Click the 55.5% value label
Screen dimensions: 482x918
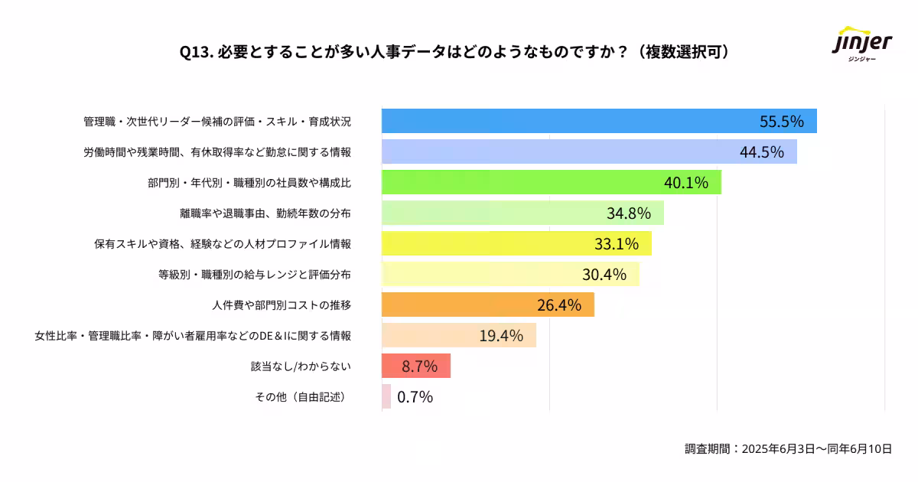[x=781, y=122]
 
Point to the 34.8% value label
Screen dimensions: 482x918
[x=628, y=213]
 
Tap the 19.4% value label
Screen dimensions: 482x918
[x=501, y=335]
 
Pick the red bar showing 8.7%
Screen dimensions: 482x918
[x=415, y=366]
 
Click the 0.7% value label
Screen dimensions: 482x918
[x=415, y=396]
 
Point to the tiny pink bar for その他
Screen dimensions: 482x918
[x=386, y=396]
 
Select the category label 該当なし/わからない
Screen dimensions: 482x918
[x=301, y=366]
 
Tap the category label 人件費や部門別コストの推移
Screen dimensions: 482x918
[x=282, y=305]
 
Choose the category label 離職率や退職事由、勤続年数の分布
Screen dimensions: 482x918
[x=265, y=213]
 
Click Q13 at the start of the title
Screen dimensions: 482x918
[x=195, y=52]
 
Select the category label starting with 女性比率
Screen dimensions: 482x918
[x=193, y=336]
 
